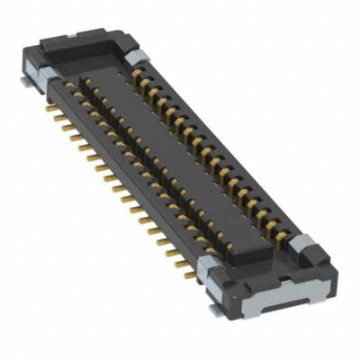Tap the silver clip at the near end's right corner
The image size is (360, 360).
tap(303, 245)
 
